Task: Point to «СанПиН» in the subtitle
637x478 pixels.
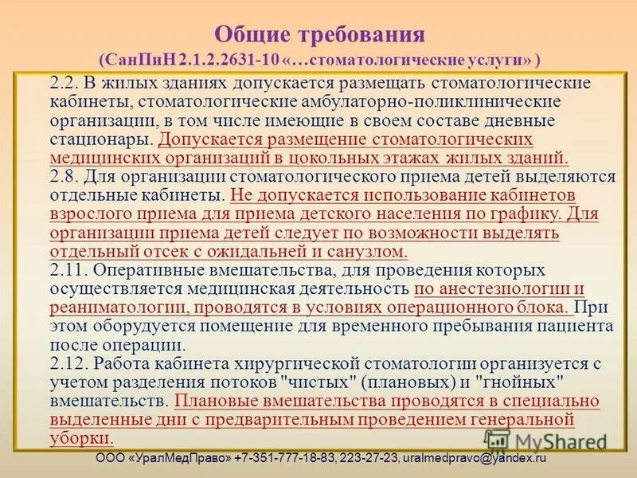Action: pos(139,61)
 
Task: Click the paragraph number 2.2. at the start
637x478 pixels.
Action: pos(64,84)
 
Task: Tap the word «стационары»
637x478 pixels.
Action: pos(100,139)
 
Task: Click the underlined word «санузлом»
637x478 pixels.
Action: pos(371,251)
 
